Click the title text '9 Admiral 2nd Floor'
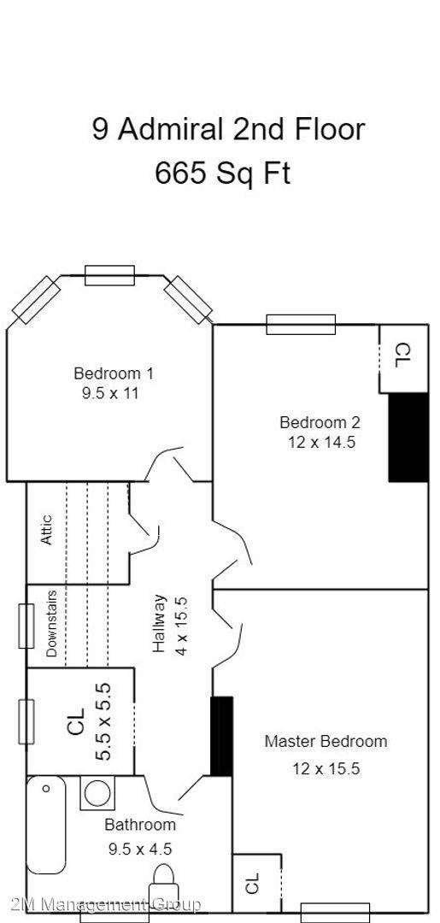228,129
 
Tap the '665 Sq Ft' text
222,173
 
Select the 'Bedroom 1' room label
114,373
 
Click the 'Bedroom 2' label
320,422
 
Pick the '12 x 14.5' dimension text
320,442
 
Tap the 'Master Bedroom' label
325,741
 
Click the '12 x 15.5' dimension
326,768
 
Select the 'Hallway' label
159,624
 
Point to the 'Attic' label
47,529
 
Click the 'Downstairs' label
51,624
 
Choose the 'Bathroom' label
140,825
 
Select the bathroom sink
97,793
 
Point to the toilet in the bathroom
163,880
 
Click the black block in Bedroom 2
408,437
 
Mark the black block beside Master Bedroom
221,737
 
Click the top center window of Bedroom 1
109,275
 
